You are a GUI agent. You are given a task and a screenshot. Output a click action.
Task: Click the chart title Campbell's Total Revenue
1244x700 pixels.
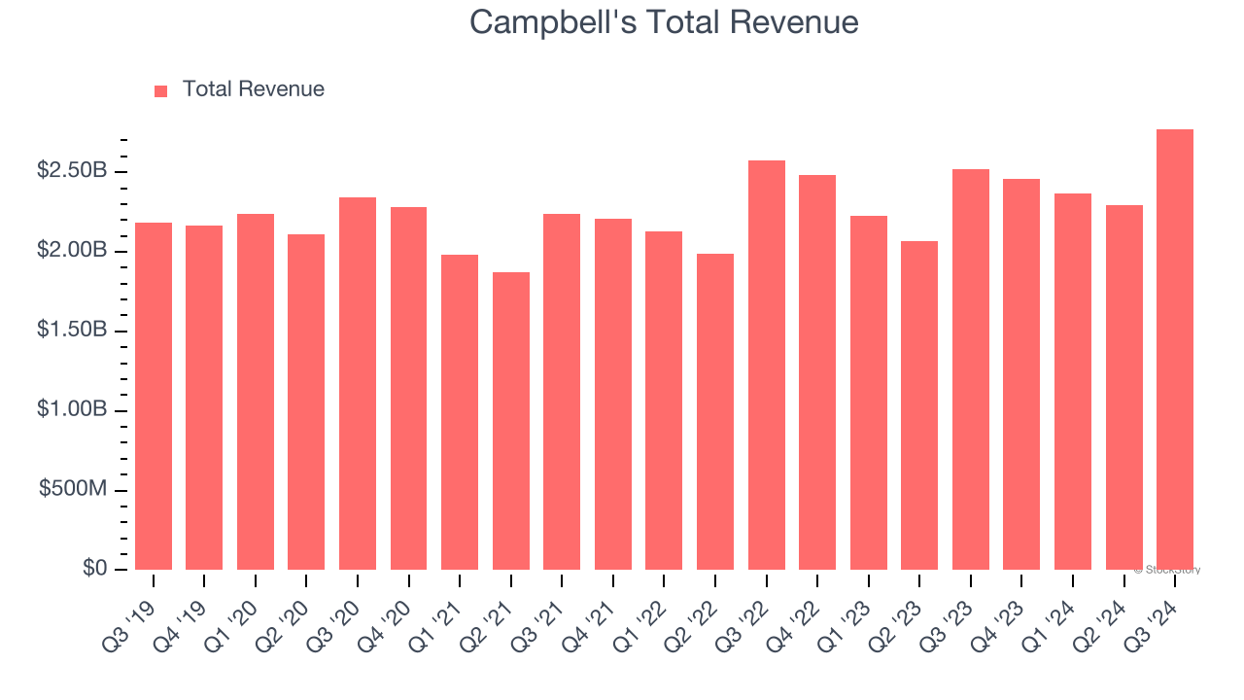pos(664,22)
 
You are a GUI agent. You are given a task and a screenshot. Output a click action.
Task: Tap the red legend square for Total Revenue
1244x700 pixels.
pos(161,90)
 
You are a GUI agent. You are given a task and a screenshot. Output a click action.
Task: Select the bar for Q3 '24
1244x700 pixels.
pos(1175,350)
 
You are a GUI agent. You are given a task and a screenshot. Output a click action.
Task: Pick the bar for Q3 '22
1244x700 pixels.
pos(767,366)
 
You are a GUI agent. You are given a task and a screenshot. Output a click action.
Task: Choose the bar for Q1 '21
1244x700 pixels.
pos(460,412)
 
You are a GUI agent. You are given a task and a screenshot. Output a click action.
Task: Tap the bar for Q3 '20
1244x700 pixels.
pos(358,384)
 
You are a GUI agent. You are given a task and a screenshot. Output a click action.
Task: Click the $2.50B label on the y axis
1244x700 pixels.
pos(72,171)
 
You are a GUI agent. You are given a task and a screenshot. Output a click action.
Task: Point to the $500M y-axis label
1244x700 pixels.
pos(73,489)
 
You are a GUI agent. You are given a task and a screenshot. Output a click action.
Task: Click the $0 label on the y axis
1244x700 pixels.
pos(94,569)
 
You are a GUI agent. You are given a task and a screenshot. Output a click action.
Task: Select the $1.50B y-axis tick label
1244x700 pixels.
pos(72,331)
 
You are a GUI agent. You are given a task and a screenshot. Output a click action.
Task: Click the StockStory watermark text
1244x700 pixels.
pos(1169,571)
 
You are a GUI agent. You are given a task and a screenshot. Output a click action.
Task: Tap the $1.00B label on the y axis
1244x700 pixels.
pos(72,410)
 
